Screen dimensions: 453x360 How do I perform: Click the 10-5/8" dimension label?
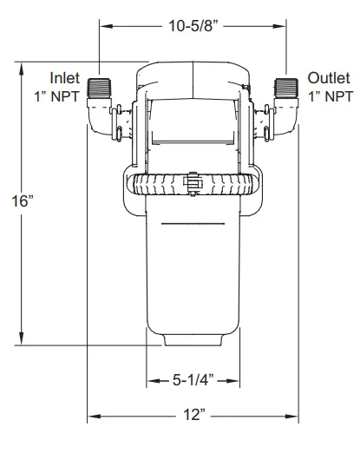tap(195, 26)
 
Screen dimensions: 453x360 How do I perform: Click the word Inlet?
tap(64, 77)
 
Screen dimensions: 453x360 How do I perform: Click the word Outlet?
tap(327, 77)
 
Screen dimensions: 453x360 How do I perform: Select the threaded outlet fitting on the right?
tap(288, 88)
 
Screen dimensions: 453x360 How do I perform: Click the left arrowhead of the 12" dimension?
tap(90, 417)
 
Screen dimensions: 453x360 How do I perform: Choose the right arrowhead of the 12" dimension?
tap(297, 417)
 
